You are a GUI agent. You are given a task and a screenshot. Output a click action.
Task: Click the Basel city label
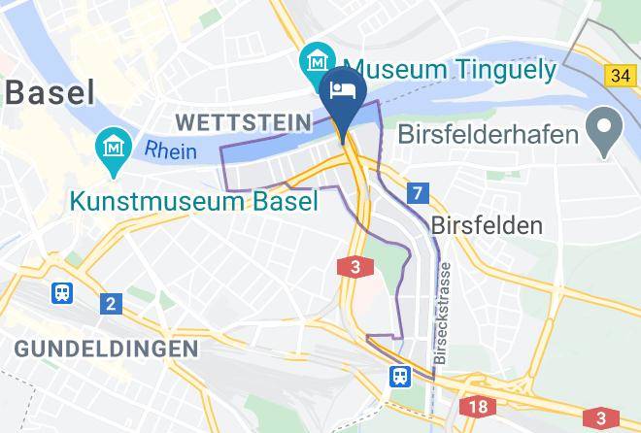(x=50, y=93)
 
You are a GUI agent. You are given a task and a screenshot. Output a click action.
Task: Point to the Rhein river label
(x=171, y=150)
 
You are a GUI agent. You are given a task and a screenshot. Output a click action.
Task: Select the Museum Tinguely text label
(x=450, y=69)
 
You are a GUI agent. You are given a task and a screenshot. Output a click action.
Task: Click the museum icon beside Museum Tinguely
(x=317, y=61)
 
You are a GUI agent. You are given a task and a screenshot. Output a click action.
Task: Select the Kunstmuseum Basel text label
(x=193, y=202)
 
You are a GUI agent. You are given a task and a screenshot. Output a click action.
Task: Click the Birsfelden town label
(x=485, y=225)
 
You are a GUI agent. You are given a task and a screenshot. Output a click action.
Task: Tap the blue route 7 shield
(x=417, y=192)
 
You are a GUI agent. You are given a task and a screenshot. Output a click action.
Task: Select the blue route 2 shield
(x=110, y=304)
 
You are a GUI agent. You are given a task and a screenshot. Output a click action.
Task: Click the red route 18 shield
(x=476, y=408)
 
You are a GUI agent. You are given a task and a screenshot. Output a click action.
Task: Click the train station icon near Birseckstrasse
(x=399, y=374)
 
